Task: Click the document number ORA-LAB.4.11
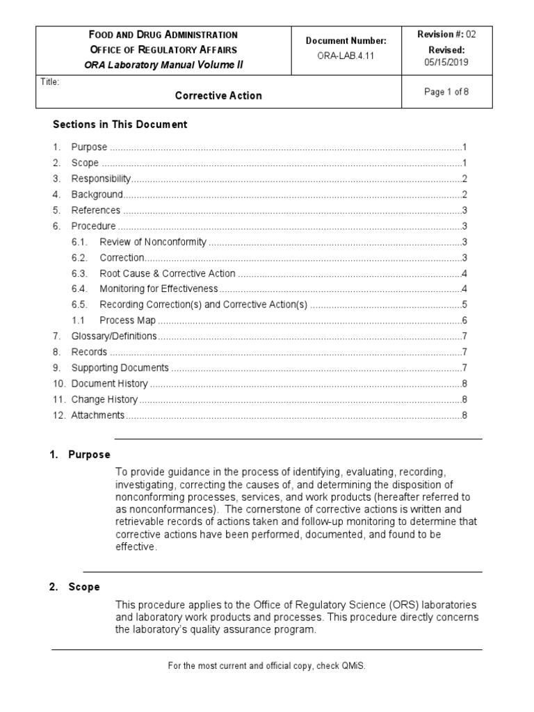pos(346,56)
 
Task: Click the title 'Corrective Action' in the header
pos(218,96)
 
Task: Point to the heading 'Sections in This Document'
pos(120,125)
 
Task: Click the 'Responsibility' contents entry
pos(101,179)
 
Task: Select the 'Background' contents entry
pos(97,195)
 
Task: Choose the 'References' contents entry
pos(96,211)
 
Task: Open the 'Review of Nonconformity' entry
pos(153,242)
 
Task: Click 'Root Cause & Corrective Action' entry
pos(168,273)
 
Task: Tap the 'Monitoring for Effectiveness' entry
pos(159,289)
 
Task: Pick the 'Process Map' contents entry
pos(128,321)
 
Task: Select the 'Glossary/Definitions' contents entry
pos(114,337)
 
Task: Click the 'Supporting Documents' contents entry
pos(120,368)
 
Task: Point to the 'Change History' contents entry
pos(104,400)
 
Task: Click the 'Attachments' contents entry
pos(98,415)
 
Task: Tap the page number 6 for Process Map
pos(464,321)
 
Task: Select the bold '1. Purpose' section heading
pos(80,455)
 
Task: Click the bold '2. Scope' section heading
pos(75,587)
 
